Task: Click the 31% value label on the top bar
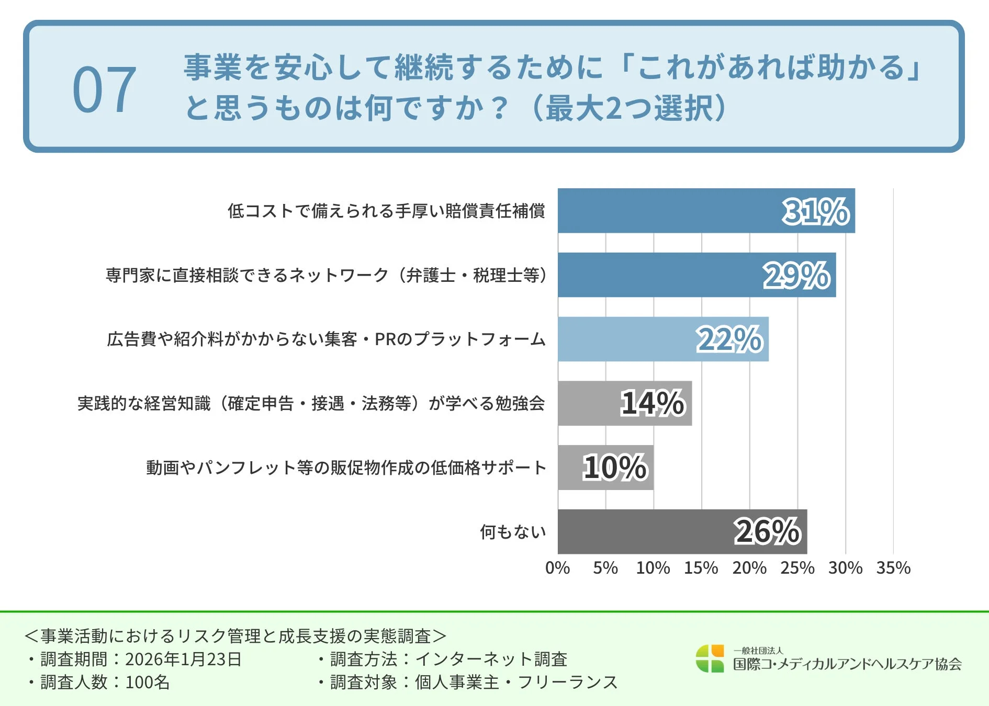point(815,211)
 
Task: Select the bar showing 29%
point(696,275)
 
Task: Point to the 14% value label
point(652,403)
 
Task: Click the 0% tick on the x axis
point(557,568)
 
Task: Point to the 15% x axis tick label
point(701,568)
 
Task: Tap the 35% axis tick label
point(893,568)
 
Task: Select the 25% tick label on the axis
point(797,568)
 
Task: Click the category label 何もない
point(513,532)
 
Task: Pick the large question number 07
point(104,90)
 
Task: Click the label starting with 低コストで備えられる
point(386,211)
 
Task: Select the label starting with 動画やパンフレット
point(346,468)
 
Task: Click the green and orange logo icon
point(710,658)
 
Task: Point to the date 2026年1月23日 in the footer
point(183,659)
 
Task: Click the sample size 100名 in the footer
point(148,682)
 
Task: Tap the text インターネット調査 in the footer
point(491,659)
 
